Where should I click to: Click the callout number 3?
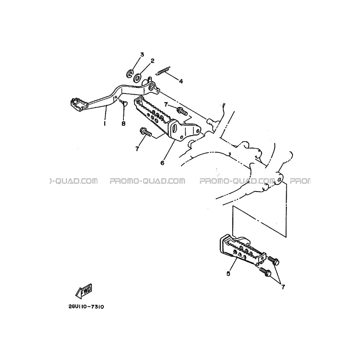[x=142, y=55]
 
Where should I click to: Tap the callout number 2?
[x=152, y=61]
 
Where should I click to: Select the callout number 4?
[x=181, y=81]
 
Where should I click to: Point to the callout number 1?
[x=105, y=123]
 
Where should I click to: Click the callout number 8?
[x=123, y=124]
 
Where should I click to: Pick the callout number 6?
[x=162, y=163]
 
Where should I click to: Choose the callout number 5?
[x=228, y=274]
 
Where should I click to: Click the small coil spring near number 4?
[x=163, y=71]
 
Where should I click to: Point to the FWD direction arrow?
[x=84, y=291]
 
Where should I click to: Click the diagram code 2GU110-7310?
[x=86, y=307]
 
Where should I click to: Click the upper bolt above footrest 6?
[x=182, y=111]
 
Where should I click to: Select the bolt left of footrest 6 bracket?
[x=145, y=132]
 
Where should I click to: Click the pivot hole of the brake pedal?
[x=152, y=87]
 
